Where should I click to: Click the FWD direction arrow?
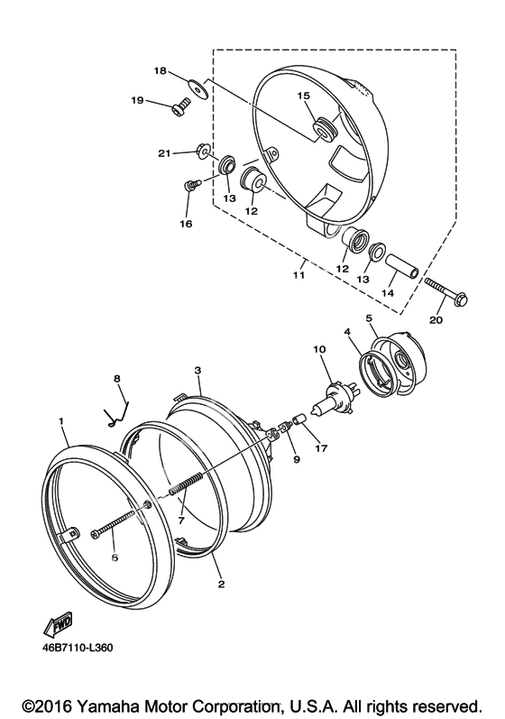point(58,625)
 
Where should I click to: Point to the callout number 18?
point(160,70)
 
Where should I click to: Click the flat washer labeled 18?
point(199,89)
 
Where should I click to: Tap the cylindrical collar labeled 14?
point(402,266)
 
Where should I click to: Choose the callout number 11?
point(298,275)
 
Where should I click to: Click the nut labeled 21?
point(202,150)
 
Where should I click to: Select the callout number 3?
point(197,371)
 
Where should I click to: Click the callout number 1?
point(61,421)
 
